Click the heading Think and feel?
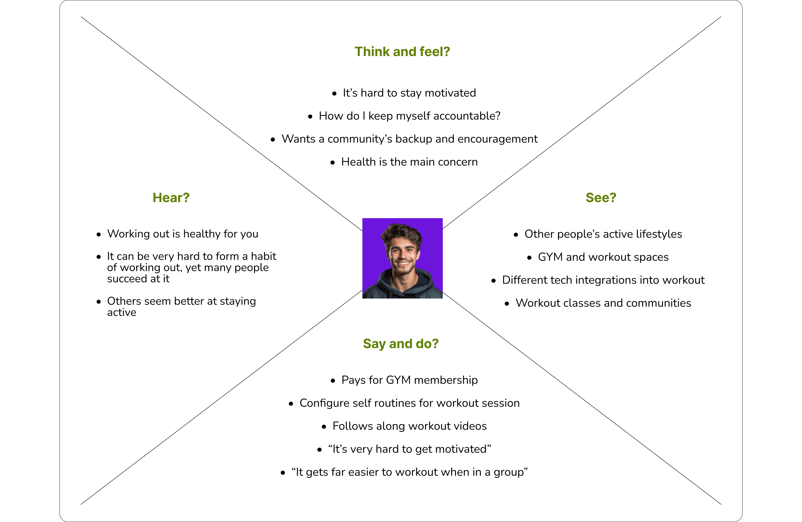[x=402, y=51]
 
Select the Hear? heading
[x=171, y=197]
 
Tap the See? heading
[x=601, y=197]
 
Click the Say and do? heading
[x=401, y=343]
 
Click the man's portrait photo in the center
[x=402, y=258]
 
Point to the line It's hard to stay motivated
[x=409, y=93]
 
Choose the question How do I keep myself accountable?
[x=409, y=116]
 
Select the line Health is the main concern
[x=409, y=162]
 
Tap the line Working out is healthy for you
[x=182, y=234]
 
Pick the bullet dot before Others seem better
[x=99, y=302]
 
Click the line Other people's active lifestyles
[x=603, y=234]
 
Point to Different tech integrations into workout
[x=603, y=280]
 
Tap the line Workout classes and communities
[x=603, y=303]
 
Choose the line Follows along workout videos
[x=409, y=426]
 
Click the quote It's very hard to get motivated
[x=409, y=449]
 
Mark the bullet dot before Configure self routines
[x=291, y=404]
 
